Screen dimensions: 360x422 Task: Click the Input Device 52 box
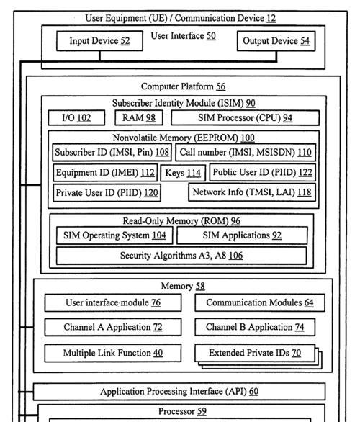coord(99,41)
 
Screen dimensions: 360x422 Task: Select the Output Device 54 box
coord(276,41)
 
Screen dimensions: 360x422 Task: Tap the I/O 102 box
coord(76,117)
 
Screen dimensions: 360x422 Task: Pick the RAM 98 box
coord(139,117)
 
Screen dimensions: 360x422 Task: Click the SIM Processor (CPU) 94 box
coord(245,117)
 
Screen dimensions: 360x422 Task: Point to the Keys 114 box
coord(183,173)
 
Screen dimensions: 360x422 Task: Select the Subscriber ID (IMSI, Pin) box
coord(112,153)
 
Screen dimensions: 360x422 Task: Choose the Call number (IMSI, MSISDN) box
coord(246,153)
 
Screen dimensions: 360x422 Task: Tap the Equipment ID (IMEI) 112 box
coord(105,173)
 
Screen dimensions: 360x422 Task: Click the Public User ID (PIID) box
coord(263,172)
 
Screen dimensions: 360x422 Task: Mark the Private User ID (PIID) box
coord(107,193)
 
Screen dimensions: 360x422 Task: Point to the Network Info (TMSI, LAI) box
coord(252,192)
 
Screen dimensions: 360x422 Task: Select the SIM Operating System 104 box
coord(114,235)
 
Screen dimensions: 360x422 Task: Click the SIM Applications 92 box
coord(242,235)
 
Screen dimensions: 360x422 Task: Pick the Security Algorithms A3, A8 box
coord(181,256)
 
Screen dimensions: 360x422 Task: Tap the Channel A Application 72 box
coord(113,327)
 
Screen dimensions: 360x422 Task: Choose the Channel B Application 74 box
coord(255,327)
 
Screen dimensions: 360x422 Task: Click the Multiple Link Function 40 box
coord(113,353)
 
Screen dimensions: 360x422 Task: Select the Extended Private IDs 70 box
coord(255,353)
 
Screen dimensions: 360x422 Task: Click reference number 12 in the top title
coord(271,18)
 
